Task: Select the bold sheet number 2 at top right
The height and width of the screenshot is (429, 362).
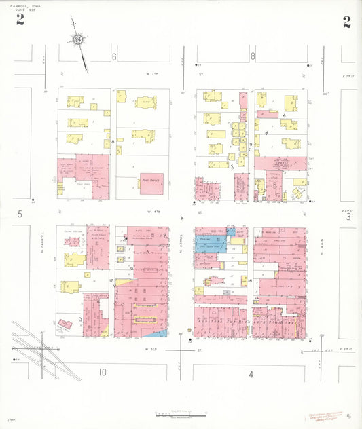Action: tap(346, 22)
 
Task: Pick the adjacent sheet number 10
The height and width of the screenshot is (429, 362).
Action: tap(102, 372)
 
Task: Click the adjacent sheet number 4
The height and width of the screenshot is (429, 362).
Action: tap(251, 374)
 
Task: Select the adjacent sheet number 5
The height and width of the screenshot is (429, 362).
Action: tap(20, 214)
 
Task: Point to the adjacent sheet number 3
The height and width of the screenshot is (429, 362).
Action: tap(347, 217)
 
